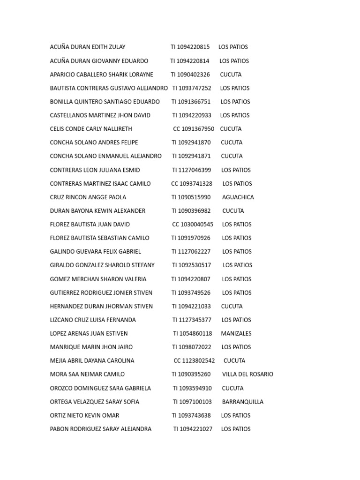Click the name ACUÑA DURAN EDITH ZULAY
tap(88, 47)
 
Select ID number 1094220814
tap(194, 61)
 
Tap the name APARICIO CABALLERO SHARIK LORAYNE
tap(102, 75)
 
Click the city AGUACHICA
tap(238, 197)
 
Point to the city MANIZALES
tap(236, 334)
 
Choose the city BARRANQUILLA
tap(243, 402)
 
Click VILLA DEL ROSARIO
tap(247, 375)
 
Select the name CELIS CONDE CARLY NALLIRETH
tap(91, 129)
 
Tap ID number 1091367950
tap(197, 129)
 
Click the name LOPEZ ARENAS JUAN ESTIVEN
tap(89, 334)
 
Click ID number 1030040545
tap(196, 225)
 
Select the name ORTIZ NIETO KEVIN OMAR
tap(85, 415)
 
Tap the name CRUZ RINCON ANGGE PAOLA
tap(88, 197)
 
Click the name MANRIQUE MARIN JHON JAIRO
tap(91, 347)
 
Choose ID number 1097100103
tap(196, 402)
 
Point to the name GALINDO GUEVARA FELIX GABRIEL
tap(96, 252)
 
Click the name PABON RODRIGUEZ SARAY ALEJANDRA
tap(101, 429)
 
